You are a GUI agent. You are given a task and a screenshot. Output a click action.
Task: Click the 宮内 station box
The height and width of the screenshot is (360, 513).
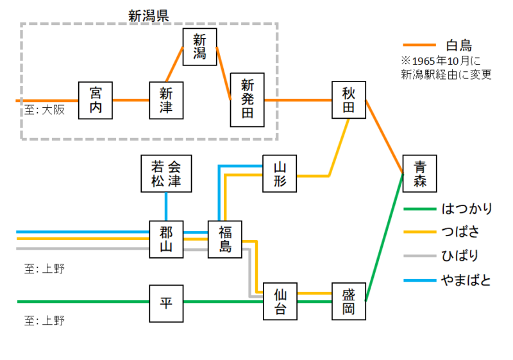(x=96, y=100)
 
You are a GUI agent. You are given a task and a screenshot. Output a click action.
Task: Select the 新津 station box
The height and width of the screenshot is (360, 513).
(x=166, y=100)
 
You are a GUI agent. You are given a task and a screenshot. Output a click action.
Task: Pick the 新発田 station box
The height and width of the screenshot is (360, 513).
(x=248, y=99)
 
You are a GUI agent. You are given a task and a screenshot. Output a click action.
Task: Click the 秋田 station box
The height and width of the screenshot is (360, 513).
(x=348, y=100)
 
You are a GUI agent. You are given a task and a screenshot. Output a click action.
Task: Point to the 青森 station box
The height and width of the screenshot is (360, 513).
(x=419, y=173)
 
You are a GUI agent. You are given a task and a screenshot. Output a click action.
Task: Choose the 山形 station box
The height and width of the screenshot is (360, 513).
(x=280, y=174)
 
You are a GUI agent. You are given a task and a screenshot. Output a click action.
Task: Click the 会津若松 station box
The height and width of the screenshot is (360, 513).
(x=166, y=173)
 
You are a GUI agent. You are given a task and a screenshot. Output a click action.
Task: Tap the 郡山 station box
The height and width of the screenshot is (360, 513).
(x=166, y=239)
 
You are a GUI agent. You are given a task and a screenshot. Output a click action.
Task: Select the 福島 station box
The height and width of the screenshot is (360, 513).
(x=224, y=239)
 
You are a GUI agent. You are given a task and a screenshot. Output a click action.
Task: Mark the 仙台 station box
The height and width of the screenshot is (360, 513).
(x=280, y=302)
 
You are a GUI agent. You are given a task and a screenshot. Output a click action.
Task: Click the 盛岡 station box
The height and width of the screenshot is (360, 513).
(x=348, y=302)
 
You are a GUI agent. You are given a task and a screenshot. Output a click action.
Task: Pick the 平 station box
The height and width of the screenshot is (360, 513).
(x=166, y=302)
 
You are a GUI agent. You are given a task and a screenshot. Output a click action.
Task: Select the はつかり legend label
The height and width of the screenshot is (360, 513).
(x=467, y=209)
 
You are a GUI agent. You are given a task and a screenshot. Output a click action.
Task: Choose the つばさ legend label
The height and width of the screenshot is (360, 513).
(x=461, y=232)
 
